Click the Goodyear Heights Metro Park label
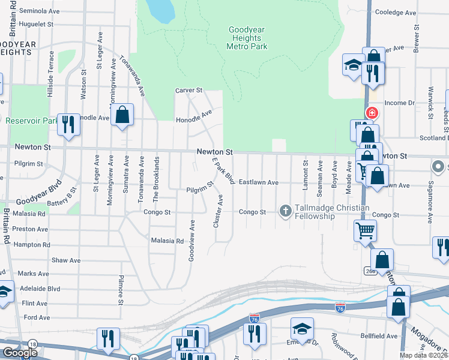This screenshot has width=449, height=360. [x=247, y=38]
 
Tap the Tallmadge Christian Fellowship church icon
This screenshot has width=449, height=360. [x=286, y=211]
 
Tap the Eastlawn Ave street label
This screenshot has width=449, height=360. [x=259, y=182]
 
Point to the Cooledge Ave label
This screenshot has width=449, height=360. [x=395, y=12]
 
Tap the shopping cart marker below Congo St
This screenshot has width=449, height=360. [x=365, y=229]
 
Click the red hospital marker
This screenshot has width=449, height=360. [x=372, y=112]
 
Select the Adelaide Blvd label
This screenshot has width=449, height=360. [x=40, y=288]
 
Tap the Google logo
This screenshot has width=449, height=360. [x=20, y=353]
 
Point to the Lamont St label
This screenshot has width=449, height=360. [x=306, y=175]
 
